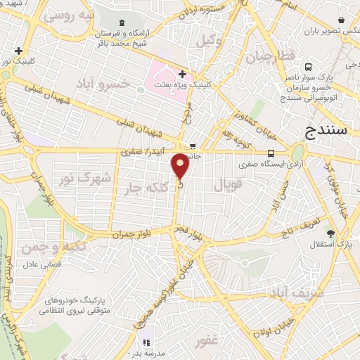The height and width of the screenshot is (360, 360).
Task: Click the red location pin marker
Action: [x=181, y=165]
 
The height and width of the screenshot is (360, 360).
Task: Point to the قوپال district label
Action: [x=226, y=186]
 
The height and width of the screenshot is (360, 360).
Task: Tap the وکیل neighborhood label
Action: [x=210, y=41]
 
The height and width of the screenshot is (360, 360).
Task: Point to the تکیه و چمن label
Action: [x=48, y=246]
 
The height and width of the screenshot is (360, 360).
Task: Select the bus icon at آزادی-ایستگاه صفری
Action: [x=271, y=153]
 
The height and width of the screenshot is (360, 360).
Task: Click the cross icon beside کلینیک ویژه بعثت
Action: [x=182, y=73]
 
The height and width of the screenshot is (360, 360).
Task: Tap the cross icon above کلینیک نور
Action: [x=18, y=51]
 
